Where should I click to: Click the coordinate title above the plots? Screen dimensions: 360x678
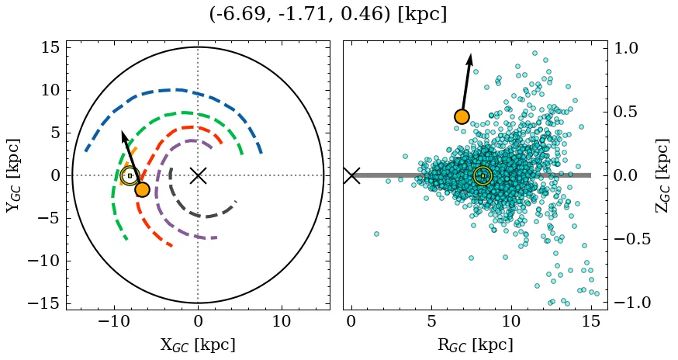[328, 15]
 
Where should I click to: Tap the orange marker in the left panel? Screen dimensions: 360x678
[142, 189]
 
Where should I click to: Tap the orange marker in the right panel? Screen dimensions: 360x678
[462, 116]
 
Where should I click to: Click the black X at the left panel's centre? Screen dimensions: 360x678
[198, 175]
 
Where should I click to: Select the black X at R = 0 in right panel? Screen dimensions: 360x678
[351, 175]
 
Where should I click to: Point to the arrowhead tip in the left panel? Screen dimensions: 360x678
[123, 131]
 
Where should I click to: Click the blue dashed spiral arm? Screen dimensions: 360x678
[178, 90]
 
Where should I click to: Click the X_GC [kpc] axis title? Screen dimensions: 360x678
[198, 344]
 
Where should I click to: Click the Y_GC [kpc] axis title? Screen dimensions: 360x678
[13, 175]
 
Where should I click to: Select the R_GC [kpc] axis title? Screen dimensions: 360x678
[476, 344]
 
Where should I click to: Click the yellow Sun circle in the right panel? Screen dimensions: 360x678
[483, 176]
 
